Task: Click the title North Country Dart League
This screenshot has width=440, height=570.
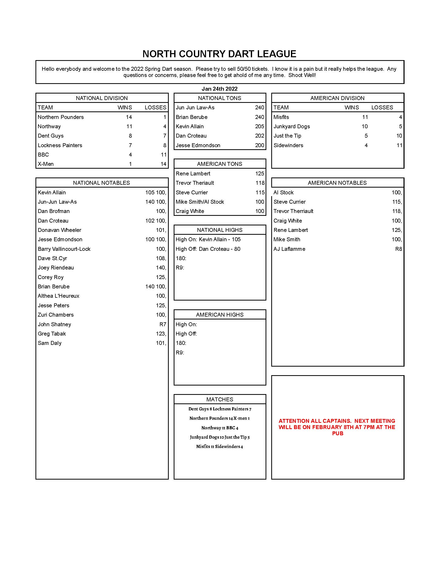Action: pos(219,54)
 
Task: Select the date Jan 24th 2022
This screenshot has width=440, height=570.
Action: pos(219,89)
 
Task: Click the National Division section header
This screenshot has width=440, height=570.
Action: pos(102,98)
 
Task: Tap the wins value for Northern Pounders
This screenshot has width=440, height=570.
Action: pos(129,117)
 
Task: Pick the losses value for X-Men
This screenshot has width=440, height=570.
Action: pos(163,164)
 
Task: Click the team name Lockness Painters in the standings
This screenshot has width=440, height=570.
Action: pos(60,145)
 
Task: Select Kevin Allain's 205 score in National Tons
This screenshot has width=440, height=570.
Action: pos(259,127)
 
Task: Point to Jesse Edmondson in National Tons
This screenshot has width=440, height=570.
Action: pos(198,145)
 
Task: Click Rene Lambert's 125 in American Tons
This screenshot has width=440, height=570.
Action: pos(260,174)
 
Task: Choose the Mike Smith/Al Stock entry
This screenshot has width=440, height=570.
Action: pos(200,202)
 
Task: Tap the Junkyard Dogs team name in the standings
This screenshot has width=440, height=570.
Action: pos(292,127)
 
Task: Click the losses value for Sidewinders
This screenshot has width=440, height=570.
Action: pos(399,145)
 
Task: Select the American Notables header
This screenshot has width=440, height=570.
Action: pos(337,183)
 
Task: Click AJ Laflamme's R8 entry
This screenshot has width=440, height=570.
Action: pos(398,249)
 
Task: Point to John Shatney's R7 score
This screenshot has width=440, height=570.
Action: pos(163,324)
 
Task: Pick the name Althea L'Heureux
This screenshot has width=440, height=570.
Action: pos(58,296)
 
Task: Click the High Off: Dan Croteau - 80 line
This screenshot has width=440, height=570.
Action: pos(208,249)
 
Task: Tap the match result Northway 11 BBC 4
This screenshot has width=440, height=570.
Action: pos(220,428)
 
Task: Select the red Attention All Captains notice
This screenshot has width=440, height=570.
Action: pos(337,427)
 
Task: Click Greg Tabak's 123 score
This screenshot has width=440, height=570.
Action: pos(161,334)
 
